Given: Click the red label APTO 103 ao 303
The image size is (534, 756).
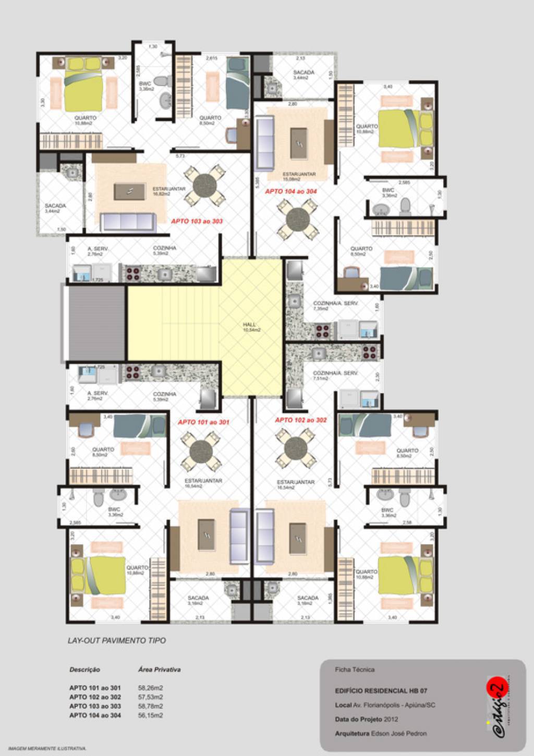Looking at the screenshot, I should pyautogui.click(x=197, y=221).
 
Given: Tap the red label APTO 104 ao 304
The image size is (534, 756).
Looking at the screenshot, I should pyautogui.click(x=291, y=191).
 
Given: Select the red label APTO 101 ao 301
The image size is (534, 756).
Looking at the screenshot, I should pyautogui.click(x=203, y=422).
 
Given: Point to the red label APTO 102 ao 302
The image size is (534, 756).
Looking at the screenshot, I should pyautogui.click(x=301, y=420).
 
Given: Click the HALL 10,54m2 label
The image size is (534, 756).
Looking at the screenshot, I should pyautogui.click(x=251, y=327).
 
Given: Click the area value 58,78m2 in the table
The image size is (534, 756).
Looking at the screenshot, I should pyautogui.click(x=150, y=706).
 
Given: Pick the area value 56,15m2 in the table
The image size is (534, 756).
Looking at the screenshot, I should pyautogui.click(x=150, y=715).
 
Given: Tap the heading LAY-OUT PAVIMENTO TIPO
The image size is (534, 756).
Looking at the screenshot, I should pyautogui.click(x=117, y=640).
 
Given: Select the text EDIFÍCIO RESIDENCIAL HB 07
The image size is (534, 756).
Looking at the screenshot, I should pyautogui.click(x=381, y=691).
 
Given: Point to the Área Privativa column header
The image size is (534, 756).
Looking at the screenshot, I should pyautogui.click(x=159, y=669).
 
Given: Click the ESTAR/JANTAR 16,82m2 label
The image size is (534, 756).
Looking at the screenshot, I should pyautogui.click(x=168, y=191).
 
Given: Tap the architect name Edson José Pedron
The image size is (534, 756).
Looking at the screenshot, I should pyautogui.click(x=399, y=734).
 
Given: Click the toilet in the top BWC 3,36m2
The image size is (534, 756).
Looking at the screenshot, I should pyautogui.click(x=163, y=81).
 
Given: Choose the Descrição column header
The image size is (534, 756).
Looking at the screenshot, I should pyautogui.click(x=84, y=669).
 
